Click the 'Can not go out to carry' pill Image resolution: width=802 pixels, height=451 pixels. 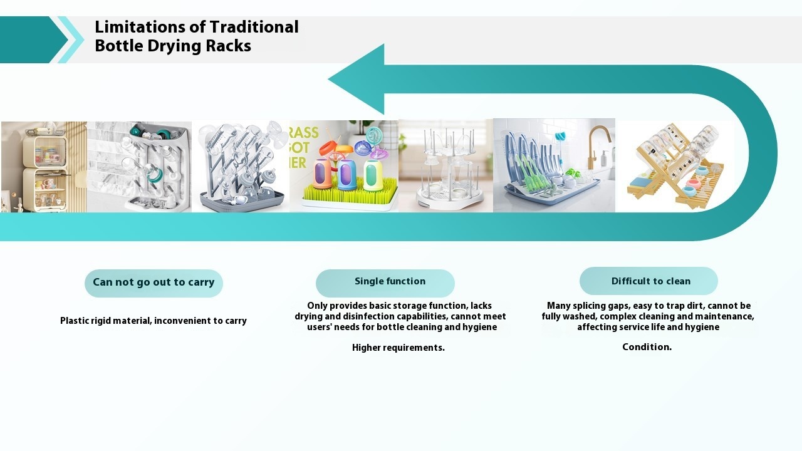click(154, 283)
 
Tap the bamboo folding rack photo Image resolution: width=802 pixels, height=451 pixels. click(675, 167)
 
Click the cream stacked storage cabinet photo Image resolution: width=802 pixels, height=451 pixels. click(44, 167)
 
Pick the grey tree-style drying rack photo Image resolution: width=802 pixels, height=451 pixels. click(241, 167)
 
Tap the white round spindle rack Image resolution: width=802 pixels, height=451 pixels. click(445, 167)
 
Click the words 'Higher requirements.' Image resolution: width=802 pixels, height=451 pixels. click(398, 348)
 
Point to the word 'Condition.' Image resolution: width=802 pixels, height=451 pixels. click(647, 347)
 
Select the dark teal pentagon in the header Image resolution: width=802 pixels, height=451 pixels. click(32, 39)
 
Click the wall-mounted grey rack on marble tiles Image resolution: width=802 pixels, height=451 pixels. click(139, 167)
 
